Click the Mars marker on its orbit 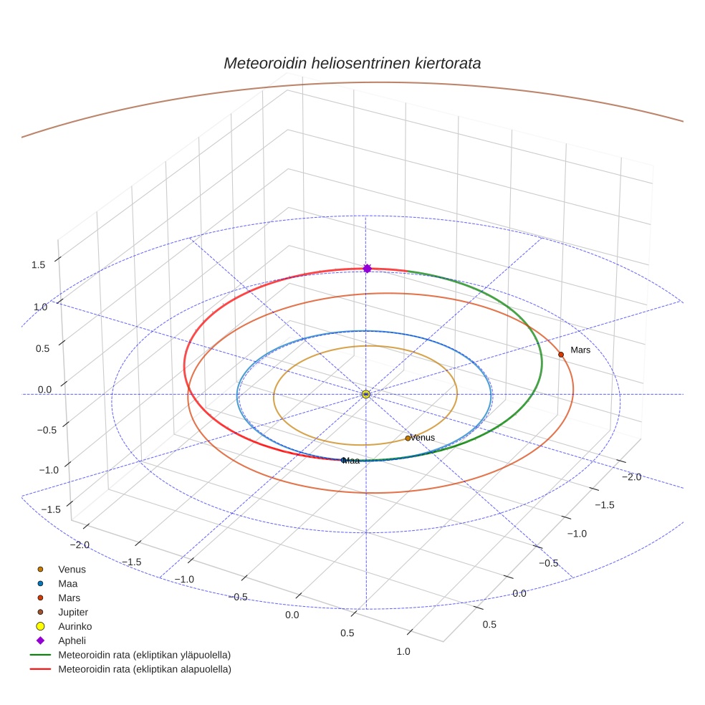point(561,355)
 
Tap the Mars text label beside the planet point(580,350)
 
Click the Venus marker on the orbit point(408,438)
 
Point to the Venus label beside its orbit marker point(423,438)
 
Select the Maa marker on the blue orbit point(344,460)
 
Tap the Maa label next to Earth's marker point(352,461)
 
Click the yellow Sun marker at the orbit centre point(366,394)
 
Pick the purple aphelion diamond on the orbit point(367,268)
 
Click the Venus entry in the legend point(72,570)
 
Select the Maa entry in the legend point(68,584)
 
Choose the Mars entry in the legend point(69,598)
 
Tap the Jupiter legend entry point(73,612)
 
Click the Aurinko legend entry point(75,626)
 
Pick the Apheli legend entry point(72,641)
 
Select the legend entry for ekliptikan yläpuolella point(144,655)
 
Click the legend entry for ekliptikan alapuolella point(144,669)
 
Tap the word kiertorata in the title point(448,63)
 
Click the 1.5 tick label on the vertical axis point(38,265)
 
